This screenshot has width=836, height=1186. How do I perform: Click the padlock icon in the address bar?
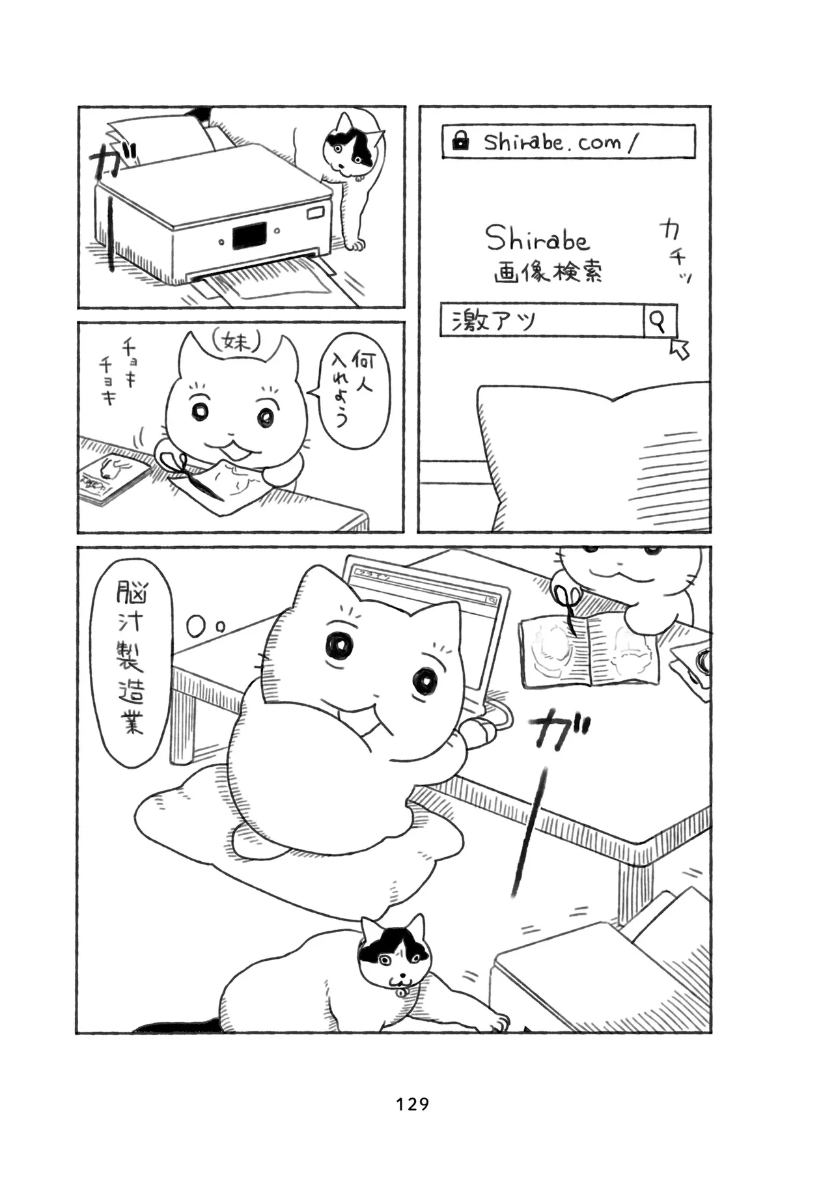(x=460, y=141)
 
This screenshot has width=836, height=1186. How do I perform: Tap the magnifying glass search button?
(x=660, y=320)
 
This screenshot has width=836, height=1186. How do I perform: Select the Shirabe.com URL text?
(x=559, y=142)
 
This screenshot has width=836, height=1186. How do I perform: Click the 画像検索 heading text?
(x=548, y=270)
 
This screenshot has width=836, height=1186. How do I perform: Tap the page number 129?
(x=413, y=1103)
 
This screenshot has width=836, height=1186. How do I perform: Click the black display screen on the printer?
(x=249, y=235)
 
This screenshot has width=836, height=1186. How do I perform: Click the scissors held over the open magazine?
(x=564, y=605)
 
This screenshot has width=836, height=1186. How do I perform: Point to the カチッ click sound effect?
(x=675, y=251)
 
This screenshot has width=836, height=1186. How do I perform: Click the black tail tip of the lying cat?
(x=176, y=1025)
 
